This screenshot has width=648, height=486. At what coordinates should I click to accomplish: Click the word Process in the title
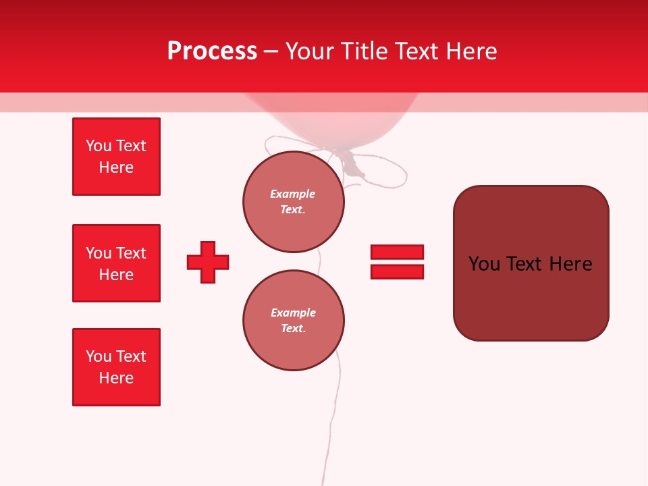pos(212,51)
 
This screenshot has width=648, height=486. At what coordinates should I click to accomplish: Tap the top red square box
pos(116,157)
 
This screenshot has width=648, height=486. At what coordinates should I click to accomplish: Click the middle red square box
pos(116,263)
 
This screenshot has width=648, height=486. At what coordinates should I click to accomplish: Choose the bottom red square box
pos(116,367)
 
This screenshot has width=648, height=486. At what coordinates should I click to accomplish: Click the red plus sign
pos(208,262)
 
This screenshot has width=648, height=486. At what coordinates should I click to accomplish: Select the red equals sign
pos(397,262)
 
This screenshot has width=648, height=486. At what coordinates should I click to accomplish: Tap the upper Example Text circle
pos(293,202)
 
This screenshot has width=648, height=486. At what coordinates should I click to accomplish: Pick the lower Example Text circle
pos(293,321)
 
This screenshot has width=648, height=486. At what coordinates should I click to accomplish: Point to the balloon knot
pos(350,162)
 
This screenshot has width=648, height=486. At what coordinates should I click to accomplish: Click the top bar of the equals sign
pos(397,252)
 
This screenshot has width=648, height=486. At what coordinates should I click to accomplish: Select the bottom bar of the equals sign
pos(397,271)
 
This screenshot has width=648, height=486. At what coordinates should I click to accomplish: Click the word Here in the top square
pos(116,167)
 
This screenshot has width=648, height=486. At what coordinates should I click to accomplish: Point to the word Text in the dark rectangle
pos(527,264)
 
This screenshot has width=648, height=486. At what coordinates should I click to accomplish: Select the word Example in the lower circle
pos(293,313)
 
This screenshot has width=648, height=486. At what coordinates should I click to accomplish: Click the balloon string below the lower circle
pos(333,418)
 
